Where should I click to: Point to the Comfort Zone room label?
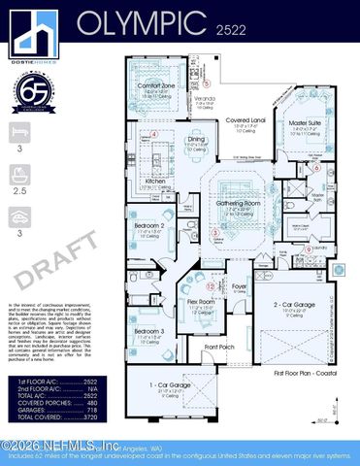[155, 85]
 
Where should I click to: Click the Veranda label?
[205, 98]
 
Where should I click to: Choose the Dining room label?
[197, 140]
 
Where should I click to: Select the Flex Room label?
[199, 302]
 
